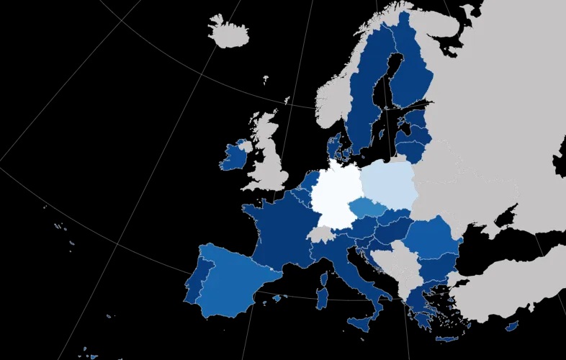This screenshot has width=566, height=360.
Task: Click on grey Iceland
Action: coord(229,32)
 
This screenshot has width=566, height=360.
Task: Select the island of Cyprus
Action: coord(512,326)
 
